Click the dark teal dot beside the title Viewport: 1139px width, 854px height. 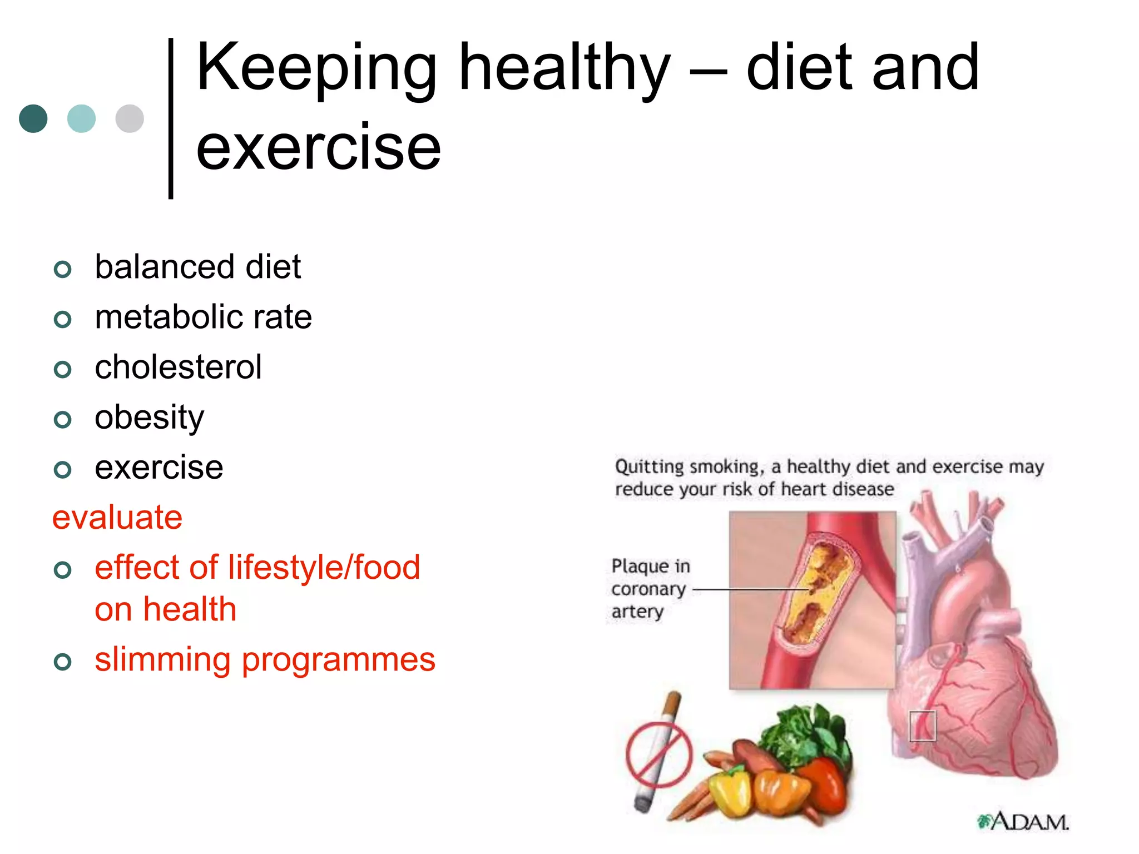[33, 118]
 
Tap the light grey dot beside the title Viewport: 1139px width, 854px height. [130, 118]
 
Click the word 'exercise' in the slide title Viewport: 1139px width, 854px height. [318, 147]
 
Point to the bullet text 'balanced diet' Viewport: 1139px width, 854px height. [197, 267]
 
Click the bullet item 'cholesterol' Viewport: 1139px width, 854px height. [178, 367]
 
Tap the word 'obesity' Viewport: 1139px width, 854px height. [149, 418]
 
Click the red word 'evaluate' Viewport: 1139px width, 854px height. [117, 518]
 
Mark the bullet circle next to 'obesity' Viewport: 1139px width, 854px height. [63, 419]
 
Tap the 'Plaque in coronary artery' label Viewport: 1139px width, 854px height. [650, 588]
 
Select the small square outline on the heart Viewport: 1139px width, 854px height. [922, 726]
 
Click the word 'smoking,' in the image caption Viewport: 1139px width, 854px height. [726, 466]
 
